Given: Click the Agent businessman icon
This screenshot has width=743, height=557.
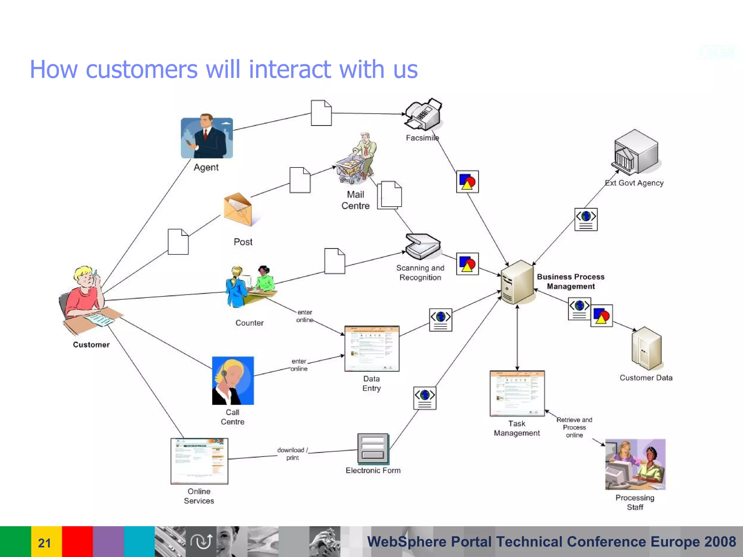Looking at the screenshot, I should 207,138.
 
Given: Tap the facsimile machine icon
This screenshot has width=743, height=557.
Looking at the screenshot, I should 423,115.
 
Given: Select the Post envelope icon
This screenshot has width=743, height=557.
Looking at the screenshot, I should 238,210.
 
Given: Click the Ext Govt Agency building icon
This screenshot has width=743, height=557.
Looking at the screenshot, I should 636,152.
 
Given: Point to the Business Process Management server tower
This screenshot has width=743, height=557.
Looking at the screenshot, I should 517,282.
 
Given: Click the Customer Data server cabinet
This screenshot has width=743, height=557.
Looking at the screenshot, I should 646,348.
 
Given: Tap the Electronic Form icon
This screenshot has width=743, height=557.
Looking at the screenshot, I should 373,449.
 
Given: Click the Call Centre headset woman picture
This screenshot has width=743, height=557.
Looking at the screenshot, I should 233,381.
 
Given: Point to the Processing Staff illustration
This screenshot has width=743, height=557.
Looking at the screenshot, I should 635,465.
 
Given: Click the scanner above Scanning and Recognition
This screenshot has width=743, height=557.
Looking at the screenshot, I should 423,247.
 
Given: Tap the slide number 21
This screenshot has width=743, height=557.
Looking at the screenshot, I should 44,543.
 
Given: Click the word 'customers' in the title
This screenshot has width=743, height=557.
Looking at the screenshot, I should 141,69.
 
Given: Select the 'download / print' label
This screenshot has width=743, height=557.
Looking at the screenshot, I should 292,454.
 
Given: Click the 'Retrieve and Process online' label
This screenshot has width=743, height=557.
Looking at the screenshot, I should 574,427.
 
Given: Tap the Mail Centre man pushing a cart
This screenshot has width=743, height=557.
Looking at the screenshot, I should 357,160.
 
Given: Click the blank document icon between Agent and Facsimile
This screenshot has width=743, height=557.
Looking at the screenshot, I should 321,113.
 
